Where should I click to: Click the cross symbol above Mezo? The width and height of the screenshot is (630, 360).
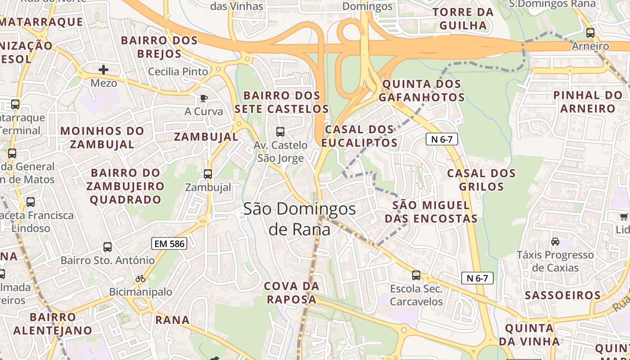click(x=103, y=70)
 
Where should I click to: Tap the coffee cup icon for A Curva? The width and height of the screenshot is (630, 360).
click(x=203, y=98)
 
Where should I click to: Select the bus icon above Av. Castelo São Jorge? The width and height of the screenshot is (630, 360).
click(x=280, y=132)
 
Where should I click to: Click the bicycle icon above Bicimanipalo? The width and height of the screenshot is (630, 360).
click(x=140, y=279)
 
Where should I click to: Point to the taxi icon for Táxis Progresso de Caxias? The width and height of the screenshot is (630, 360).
click(x=555, y=242)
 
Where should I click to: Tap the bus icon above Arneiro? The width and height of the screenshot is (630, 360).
click(x=590, y=33)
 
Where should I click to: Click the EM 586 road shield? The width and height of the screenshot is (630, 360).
click(x=169, y=243)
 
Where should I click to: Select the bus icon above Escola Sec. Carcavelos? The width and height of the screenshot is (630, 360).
click(x=416, y=275)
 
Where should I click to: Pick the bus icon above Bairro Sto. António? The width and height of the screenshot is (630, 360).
click(x=107, y=247)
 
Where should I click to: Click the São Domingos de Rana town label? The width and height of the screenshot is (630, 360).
click(x=299, y=219)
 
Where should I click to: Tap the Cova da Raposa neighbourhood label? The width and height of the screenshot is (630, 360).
click(x=292, y=292)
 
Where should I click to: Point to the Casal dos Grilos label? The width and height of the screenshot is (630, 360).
click(x=481, y=180)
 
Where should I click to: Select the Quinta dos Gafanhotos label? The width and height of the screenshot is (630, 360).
click(x=422, y=90)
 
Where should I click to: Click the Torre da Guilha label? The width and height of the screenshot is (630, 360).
click(x=463, y=19)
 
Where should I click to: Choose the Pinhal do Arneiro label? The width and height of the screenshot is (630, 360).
click(x=588, y=102)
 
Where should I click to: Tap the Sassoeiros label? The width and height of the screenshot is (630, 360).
click(x=563, y=296)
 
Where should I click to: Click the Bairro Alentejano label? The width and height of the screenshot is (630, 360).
click(x=53, y=324)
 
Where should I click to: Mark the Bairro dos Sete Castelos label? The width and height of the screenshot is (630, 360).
click(x=282, y=102)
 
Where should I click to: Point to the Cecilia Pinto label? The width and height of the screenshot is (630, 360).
click(x=178, y=72)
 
